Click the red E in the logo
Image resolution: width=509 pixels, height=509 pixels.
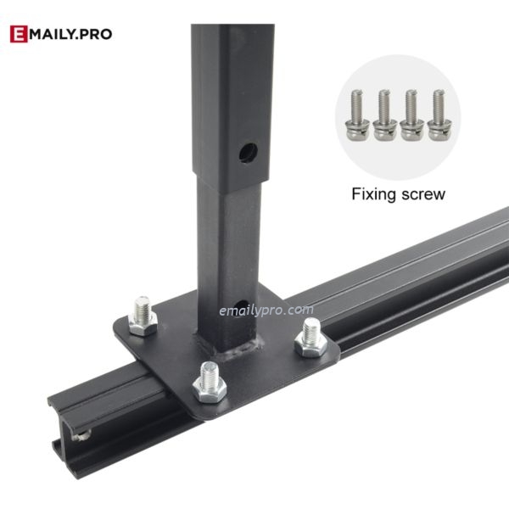(19, 34)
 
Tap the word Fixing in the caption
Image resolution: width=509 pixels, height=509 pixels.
(374, 194)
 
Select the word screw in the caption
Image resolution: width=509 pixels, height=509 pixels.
(423, 195)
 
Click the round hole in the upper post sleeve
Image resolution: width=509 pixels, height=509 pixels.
(249, 152)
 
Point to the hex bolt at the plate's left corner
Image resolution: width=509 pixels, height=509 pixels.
(143, 316)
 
